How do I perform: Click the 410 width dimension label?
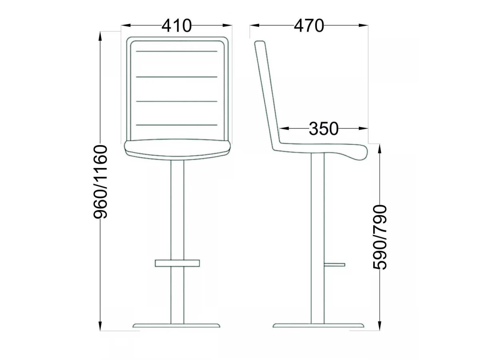pos(176,26)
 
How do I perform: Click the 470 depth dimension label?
pos(308,26)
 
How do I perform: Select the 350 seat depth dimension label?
pos(324,128)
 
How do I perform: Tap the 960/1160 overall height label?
pos(100,182)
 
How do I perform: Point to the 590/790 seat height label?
pos(380,237)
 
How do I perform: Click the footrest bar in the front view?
pos(177,263)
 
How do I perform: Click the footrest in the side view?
pos(334,265)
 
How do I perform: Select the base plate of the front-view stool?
pos(176,332)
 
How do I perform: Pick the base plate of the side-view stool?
pos(318,332)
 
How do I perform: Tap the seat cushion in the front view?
pos(177,150)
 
